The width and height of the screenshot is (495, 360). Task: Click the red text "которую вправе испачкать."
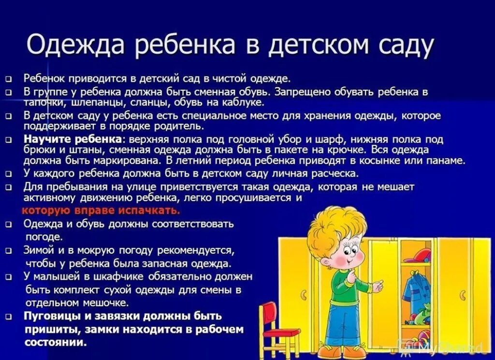pos(101,211)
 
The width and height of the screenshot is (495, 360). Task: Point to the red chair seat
pos(280,333)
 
